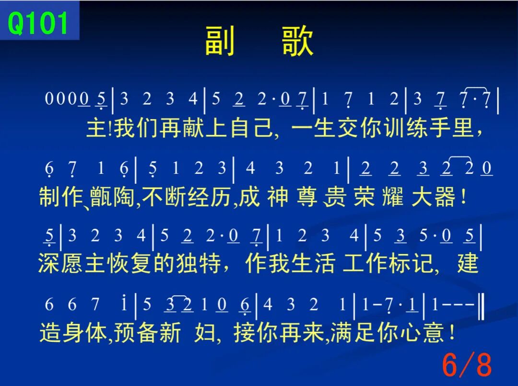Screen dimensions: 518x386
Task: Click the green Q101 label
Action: [x=38, y=23]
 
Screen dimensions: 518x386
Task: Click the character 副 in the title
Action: [x=220, y=41]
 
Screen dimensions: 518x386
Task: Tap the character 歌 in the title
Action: [x=297, y=41]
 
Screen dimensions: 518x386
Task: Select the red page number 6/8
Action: [x=467, y=364]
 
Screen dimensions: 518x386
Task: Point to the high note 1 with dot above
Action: [x=124, y=303]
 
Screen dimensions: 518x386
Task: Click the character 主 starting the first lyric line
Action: [x=96, y=128]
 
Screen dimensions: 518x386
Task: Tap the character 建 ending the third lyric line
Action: [x=468, y=263]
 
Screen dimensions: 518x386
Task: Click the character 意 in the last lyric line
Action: [x=434, y=332]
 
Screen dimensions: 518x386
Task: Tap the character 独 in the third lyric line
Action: [x=188, y=263]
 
